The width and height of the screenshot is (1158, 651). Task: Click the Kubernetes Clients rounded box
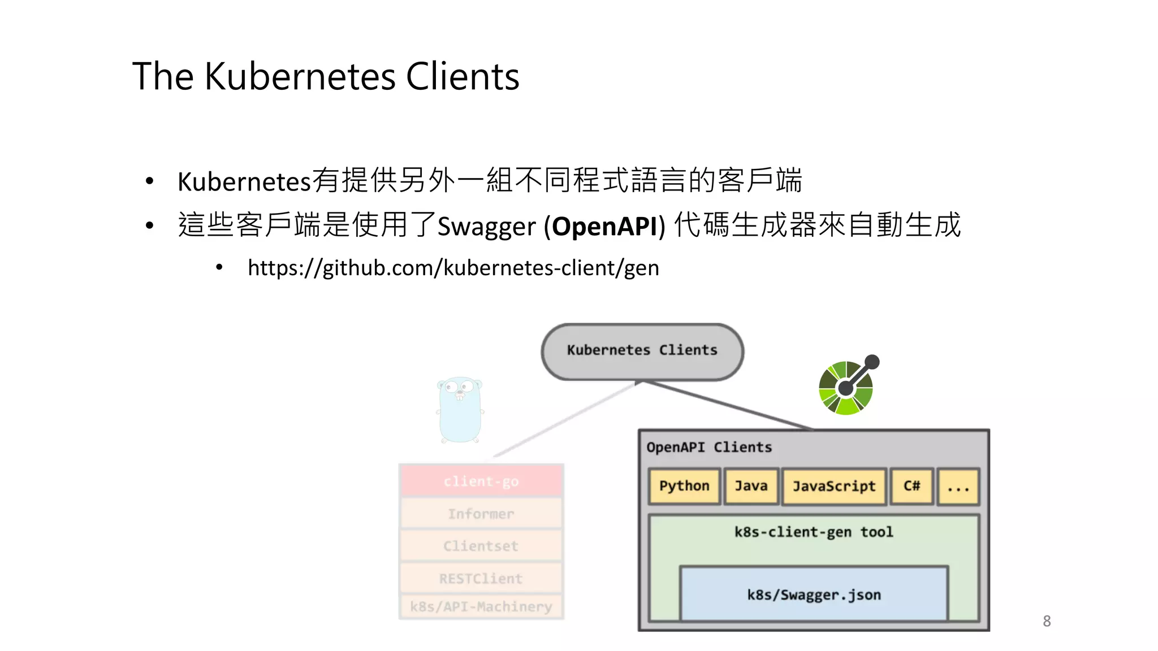pyautogui.click(x=642, y=351)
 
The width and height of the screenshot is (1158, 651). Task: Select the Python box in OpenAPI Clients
pyautogui.click(x=684, y=486)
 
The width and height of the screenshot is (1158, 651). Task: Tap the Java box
pyautogui.click(x=751, y=486)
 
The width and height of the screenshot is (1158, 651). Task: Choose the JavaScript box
pyautogui.click(x=834, y=486)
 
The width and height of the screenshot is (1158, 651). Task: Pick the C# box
pyautogui.click(x=911, y=486)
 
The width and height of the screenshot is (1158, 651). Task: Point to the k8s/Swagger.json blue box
pyautogui.click(x=814, y=594)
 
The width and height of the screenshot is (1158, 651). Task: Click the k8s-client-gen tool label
pyautogui.click(x=814, y=532)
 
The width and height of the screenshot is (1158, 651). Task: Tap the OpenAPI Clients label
pyautogui.click(x=709, y=447)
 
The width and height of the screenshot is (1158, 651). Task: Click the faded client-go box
pyautogui.click(x=481, y=481)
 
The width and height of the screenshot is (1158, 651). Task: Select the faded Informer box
pyautogui.click(x=481, y=514)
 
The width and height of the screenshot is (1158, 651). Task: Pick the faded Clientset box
pyautogui.click(x=481, y=546)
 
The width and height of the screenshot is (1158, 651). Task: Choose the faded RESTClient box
pyautogui.click(x=481, y=578)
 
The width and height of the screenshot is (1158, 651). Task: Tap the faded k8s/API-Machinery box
pyautogui.click(x=481, y=606)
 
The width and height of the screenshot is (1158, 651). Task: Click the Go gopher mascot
pyautogui.click(x=460, y=410)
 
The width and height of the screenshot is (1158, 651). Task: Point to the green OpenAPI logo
pyautogui.click(x=847, y=387)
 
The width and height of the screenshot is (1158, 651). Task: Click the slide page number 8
pyautogui.click(x=1047, y=621)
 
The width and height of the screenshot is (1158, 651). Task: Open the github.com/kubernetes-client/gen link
pyautogui.click(x=453, y=268)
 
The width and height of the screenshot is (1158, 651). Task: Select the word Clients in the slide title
pyautogui.click(x=463, y=76)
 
